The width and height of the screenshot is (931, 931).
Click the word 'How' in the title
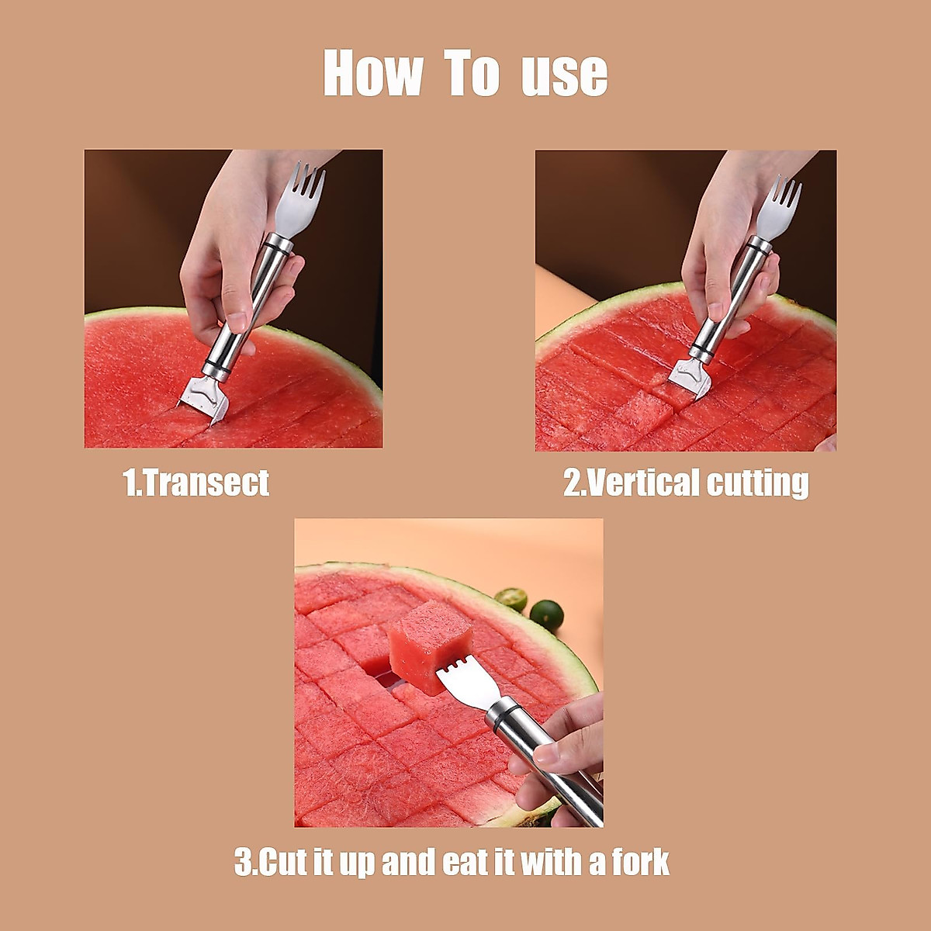(x=372, y=74)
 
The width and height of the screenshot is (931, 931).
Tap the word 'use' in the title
(x=564, y=76)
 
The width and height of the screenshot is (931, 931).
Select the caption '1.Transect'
(x=196, y=483)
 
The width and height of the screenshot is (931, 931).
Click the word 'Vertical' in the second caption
(x=632, y=483)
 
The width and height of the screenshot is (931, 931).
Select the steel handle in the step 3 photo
(x=543, y=760)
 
